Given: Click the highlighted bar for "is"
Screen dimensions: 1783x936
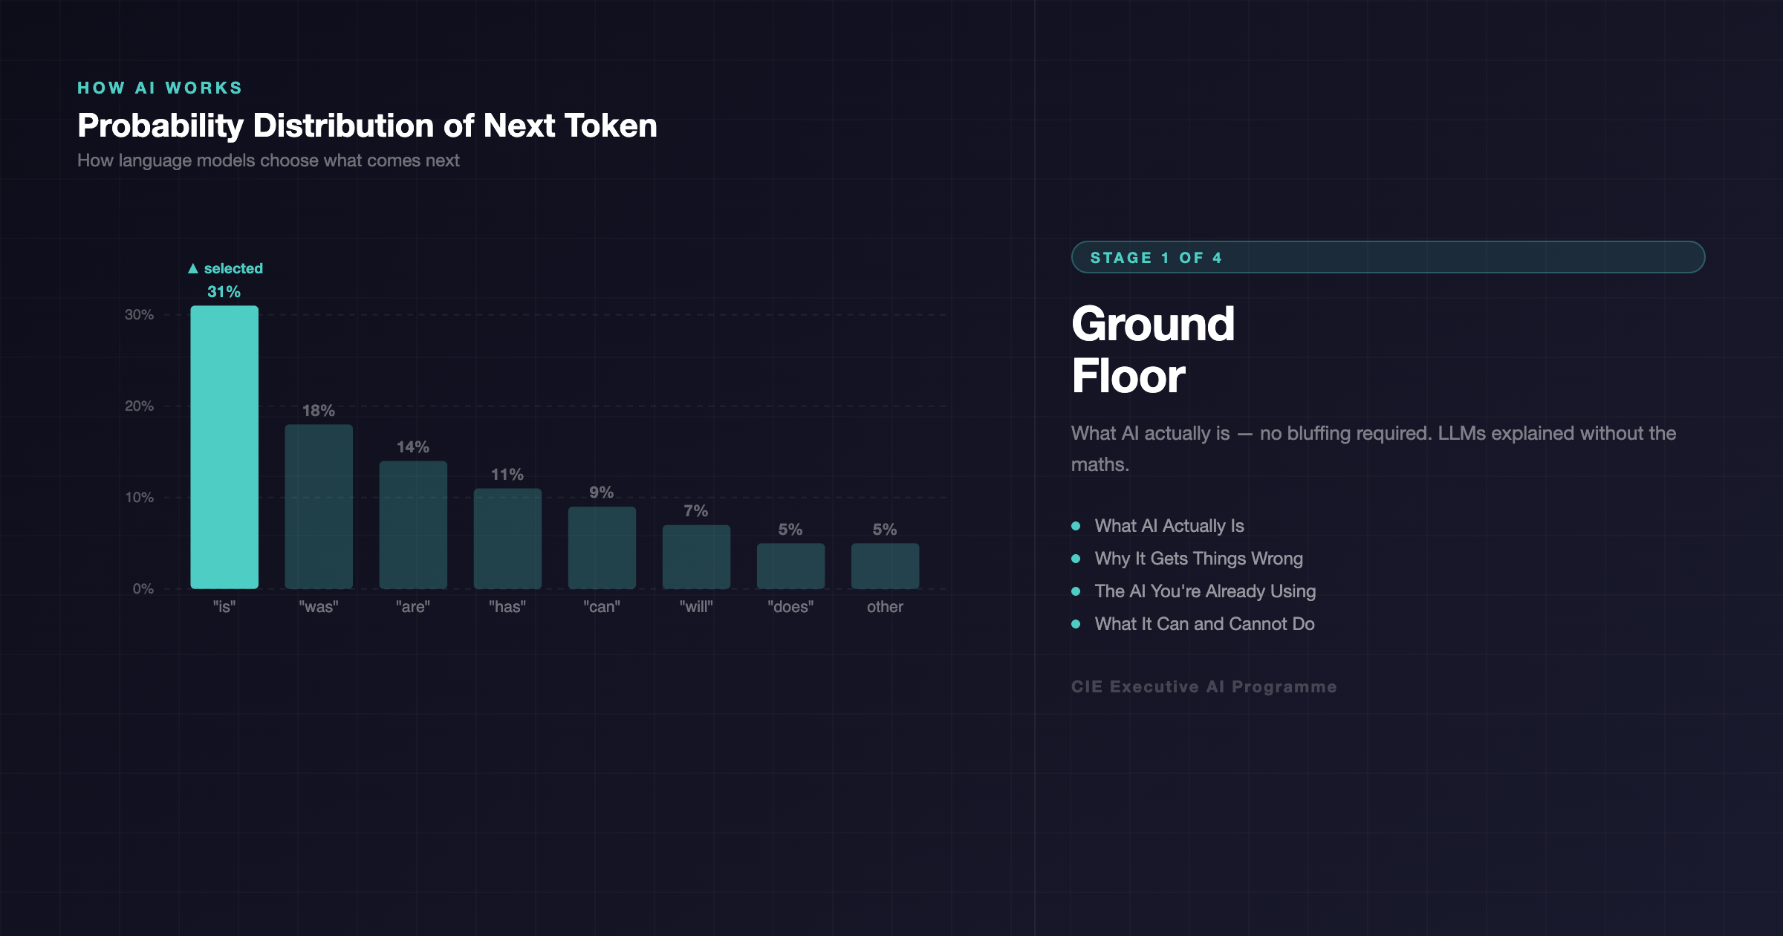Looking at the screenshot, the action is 224,447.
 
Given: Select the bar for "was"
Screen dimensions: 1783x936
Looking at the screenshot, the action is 319,507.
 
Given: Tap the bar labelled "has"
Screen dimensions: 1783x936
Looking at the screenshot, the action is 507,539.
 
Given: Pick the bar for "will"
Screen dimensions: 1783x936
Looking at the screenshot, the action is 696,557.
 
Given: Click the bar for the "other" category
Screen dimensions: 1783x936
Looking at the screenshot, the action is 885,566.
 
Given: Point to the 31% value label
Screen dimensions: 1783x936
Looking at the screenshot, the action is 224,292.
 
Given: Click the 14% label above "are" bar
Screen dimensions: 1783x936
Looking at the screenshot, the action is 413,447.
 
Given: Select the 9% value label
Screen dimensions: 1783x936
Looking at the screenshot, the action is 601,493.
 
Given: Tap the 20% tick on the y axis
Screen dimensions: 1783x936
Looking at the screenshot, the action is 139,406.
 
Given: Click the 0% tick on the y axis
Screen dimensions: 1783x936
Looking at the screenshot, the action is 143,589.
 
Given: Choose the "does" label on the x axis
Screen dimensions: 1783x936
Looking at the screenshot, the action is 790,607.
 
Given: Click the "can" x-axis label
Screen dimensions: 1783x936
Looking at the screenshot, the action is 602,607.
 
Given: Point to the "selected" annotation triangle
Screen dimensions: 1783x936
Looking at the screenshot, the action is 193,268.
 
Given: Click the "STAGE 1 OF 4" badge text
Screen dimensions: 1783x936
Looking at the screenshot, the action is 1156,258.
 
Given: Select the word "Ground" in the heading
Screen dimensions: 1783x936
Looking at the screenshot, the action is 1153,324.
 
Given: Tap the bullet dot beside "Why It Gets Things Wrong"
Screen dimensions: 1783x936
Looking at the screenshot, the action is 1076,559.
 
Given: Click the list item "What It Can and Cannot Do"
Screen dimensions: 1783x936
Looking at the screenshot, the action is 1204,624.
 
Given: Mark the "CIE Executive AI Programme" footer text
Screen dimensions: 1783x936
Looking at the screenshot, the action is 1204,687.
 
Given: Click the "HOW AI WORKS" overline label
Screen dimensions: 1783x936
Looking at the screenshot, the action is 160,88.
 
